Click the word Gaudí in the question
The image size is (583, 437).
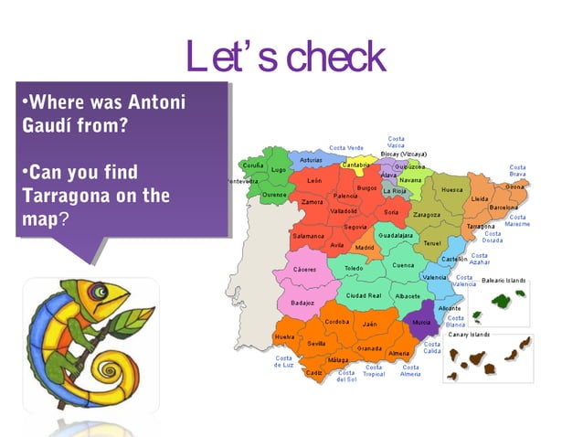coord(45,125)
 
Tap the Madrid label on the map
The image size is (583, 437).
coord(365,247)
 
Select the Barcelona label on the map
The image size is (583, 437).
coord(503,207)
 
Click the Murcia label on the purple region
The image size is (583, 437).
coord(421,323)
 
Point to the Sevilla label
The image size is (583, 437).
coord(316,344)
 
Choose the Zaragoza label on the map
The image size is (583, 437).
coord(426,215)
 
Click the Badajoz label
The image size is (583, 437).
coord(302,303)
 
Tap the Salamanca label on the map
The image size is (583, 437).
coord(307,236)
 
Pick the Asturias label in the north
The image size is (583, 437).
coord(310,160)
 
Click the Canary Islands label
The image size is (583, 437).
coord(469,335)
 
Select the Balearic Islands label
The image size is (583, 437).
coord(503,280)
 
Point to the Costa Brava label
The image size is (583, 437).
coord(517,171)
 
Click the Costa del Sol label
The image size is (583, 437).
coord(346,376)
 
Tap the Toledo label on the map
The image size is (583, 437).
coord(353,268)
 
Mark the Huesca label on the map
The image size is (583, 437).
coord(451,189)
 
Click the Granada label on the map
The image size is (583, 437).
coord(369,348)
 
